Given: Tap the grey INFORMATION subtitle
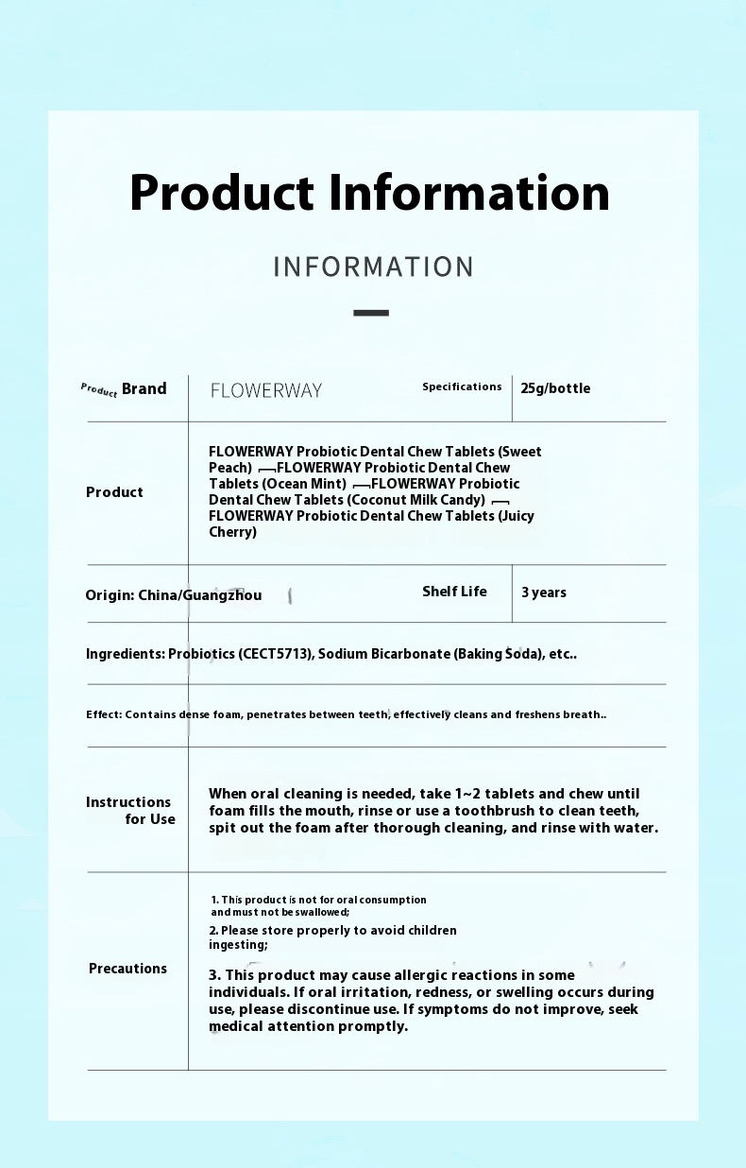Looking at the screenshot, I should (x=373, y=266).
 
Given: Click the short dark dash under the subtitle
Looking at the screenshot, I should (x=371, y=312).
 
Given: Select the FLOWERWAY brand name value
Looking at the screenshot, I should (x=265, y=390).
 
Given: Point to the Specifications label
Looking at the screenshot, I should (x=462, y=386).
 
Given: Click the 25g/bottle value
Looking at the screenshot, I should (x=555, y=388).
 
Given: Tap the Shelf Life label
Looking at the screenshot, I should (x=454, y=592).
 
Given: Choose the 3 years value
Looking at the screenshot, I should (x=544, y=593).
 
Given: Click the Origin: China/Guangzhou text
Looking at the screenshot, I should (x=174, y=595).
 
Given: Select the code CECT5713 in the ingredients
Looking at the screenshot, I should (x=277, y=654).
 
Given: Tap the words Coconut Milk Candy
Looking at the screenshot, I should (x=415, y=500).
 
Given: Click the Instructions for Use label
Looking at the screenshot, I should (x=130, y=811).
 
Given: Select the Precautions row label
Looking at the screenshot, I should (x=127, y=969).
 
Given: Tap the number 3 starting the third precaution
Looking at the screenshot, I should (x=213, y=975).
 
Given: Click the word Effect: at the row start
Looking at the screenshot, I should (x=104, y=714).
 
